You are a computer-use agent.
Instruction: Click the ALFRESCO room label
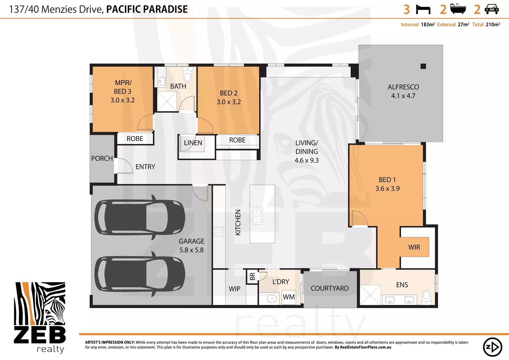pos(403,87)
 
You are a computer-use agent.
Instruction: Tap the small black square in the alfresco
pos(423,66)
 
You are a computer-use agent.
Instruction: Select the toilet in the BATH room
pos(188,74)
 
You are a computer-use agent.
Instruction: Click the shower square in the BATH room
pos(167,101)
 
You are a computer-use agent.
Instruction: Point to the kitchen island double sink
pos(257,216)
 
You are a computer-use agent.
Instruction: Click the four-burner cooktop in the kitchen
pos(219,232)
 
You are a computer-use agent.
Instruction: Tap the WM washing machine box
pos(288,297)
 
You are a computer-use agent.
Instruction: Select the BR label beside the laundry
pos(252,277)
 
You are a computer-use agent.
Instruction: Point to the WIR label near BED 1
pos(414,247)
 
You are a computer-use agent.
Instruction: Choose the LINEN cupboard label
pos(193,143)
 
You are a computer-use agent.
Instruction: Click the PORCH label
pos(102,159)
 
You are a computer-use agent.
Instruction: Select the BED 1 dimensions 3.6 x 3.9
pos(387,189)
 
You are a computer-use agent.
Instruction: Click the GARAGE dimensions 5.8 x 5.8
pos(191,250)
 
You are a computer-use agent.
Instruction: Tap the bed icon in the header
pos(423,9)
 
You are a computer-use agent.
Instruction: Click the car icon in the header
pos(491,9)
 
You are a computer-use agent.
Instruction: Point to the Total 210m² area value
pos(493,25)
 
